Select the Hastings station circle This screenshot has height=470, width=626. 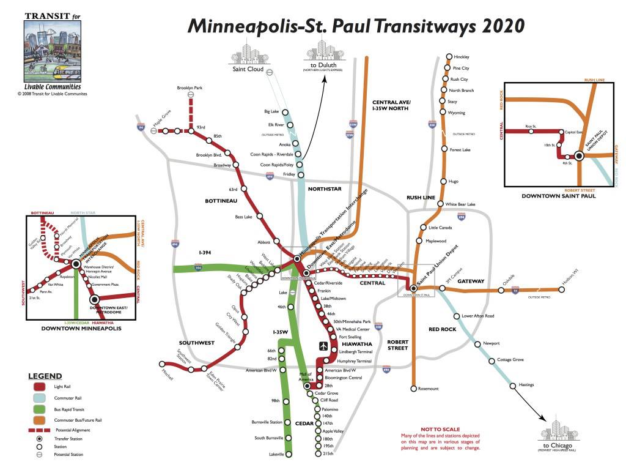512,385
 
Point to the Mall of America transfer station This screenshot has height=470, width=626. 307,386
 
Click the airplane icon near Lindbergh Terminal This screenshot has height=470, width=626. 323,346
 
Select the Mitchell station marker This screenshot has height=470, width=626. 161,364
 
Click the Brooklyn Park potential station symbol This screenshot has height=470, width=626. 191,95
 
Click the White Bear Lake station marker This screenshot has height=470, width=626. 443,204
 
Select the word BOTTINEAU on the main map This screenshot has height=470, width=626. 221,201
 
